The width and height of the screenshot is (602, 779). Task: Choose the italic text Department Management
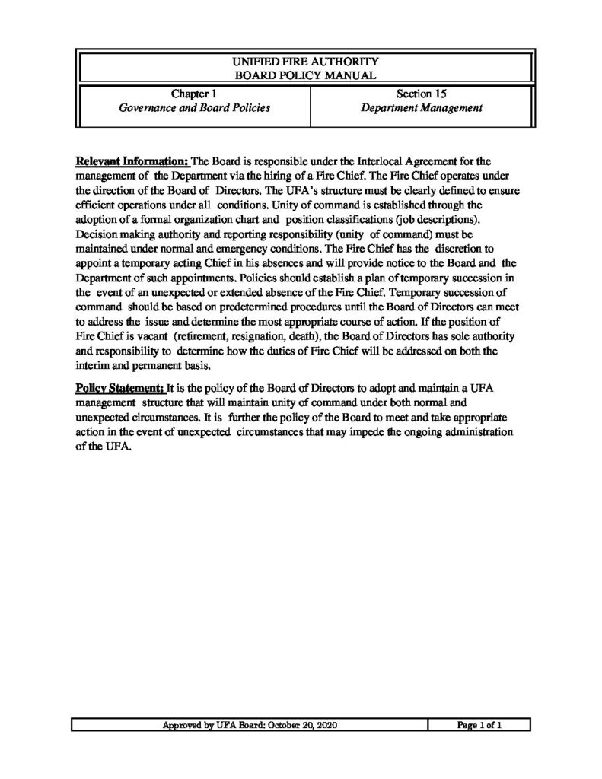coord(421,108)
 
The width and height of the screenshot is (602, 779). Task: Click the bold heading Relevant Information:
coord(132,161)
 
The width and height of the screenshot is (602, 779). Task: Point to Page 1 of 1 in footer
coord(479,726)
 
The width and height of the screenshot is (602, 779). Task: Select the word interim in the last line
coord(93,365)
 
